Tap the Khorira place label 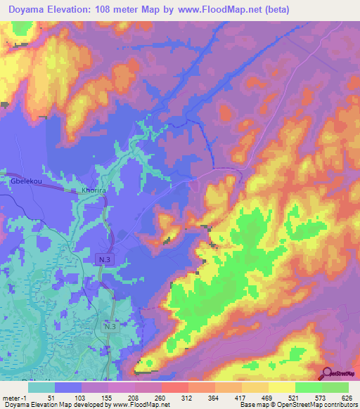(94, 190)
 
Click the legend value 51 (52, 397)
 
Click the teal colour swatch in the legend (41, 387)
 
